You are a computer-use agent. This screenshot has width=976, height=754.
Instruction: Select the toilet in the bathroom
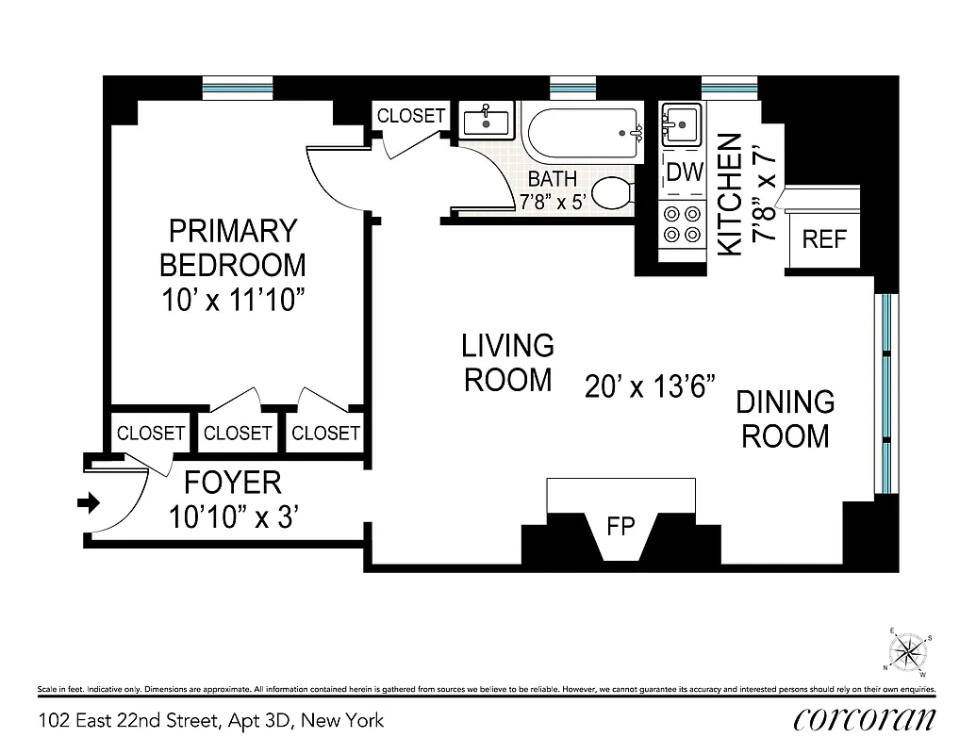614,192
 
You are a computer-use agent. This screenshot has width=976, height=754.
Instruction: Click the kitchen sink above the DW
680,123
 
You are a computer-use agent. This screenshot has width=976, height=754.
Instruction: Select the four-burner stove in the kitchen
681,223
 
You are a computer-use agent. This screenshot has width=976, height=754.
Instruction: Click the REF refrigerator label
824,239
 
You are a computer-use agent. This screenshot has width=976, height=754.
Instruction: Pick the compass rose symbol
908,651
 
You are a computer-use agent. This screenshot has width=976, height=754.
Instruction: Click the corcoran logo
865,719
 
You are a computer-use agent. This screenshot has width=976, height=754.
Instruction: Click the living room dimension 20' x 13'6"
650,387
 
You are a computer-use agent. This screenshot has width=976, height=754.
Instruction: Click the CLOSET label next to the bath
411,116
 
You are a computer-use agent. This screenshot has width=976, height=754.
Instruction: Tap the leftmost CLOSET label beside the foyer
151,433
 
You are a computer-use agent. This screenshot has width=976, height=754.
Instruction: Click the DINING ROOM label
785,418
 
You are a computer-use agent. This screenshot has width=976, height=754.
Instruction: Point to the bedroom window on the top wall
239,88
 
